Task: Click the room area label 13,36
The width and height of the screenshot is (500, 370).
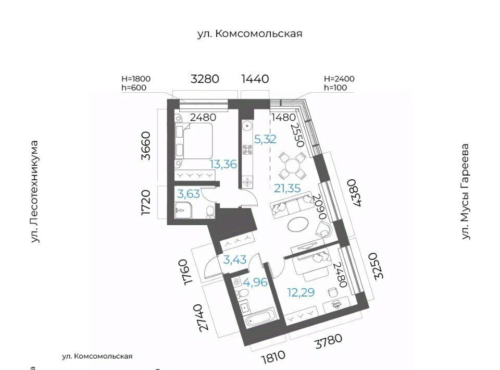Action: click(x=223, y=164)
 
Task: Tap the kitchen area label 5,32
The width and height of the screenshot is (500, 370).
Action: click(x=265, y=139)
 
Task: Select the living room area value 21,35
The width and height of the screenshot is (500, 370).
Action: click(x=287, y=188)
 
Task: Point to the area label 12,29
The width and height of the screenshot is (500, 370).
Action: click(x=301, y=292)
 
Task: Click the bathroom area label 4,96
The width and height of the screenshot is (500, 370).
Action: click(x=255, y=282)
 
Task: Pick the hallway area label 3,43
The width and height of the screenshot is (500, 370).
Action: click(x=235, y=260)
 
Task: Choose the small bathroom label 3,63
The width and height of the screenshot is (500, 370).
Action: click(x=189, y=194)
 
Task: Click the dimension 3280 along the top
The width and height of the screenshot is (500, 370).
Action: click(x=205, y=79)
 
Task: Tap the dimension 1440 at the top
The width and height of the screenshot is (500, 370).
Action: click(x=255, y=79)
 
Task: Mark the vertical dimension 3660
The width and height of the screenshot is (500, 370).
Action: click(x=146, y=145)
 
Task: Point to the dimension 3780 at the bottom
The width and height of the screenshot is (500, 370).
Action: click(x=329, y=341)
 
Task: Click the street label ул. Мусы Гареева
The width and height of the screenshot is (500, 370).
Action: click(x=466, y=191)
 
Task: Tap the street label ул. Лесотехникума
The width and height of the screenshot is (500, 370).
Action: click(x=35, y=192)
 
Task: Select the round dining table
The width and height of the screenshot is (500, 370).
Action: click(x=293, y=166)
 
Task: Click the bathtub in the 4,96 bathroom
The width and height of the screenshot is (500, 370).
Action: click(x=260, y=317)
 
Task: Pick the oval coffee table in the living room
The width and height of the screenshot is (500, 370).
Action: click(x=298, y=224)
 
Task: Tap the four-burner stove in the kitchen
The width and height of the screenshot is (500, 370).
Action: click(x=247, y=149)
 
